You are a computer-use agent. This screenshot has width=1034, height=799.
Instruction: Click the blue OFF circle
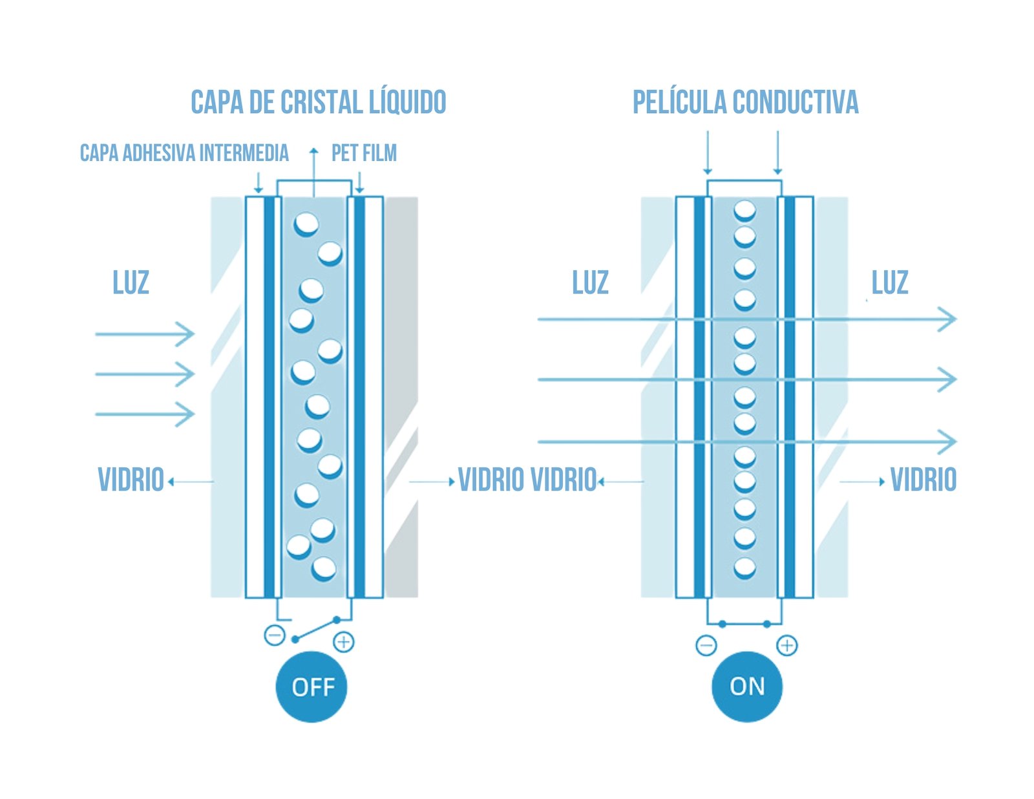pos(311,687)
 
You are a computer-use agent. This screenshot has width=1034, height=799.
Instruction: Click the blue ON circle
pos(746,687)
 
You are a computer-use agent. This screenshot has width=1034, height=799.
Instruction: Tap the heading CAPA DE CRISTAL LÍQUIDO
pos(318,103)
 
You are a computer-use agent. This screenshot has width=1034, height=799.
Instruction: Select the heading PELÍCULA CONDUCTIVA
pos(745,103)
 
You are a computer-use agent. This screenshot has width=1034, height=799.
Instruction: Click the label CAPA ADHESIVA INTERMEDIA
pos(184,153)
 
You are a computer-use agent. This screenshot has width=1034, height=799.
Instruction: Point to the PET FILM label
pos(364,153)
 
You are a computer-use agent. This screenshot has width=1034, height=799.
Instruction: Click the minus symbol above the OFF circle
pos(275,635)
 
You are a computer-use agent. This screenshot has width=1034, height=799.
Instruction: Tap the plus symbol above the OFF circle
pos(344,642)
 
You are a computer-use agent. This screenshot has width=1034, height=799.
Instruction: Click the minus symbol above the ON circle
pos(706,645)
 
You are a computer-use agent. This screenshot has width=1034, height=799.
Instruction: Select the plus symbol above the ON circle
pos(786,645)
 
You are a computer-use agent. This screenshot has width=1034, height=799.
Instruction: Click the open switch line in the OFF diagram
pos(316,629)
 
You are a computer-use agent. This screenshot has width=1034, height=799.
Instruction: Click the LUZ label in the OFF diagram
pos(131,283)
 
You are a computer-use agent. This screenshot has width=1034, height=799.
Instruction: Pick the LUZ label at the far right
pos(889,283)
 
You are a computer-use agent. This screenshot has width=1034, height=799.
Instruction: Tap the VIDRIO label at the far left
pos(131,480)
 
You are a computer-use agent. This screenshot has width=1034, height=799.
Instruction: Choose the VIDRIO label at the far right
pos(923,480)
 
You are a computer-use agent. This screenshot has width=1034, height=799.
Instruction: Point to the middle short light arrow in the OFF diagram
pos(145,374)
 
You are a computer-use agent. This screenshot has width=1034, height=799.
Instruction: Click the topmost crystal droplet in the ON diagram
pos(745,211)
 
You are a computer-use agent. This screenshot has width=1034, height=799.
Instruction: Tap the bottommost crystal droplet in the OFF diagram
pos(324,569)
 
